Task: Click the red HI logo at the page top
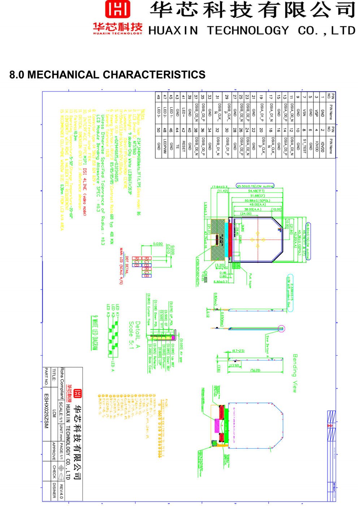(x=118, y=9)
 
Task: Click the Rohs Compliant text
(x=62, y=383)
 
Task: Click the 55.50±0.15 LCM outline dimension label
(x=255, y=186)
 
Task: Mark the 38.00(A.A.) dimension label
(x=253, y=209)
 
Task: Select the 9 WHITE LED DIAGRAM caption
(x=95, y=333)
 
